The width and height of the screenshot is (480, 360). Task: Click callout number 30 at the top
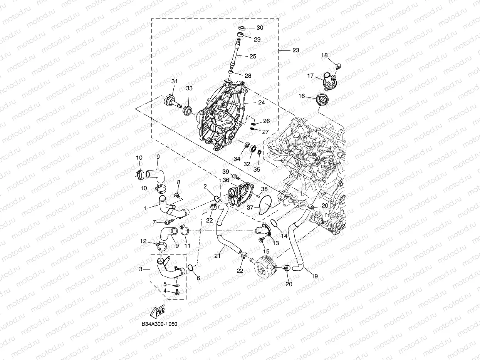point(260,28)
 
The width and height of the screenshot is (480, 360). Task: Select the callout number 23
point(295,50)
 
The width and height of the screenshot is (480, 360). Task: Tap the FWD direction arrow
point(158,311)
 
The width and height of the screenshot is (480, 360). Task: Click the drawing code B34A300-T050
point(159,324)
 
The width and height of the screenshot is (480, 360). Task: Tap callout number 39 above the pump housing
point(225,171)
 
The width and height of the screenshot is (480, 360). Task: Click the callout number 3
point(141,269)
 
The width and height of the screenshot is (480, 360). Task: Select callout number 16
point(302,96)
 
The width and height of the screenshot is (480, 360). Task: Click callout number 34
point(237,159)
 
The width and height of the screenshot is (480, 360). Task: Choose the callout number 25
point(253,56)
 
